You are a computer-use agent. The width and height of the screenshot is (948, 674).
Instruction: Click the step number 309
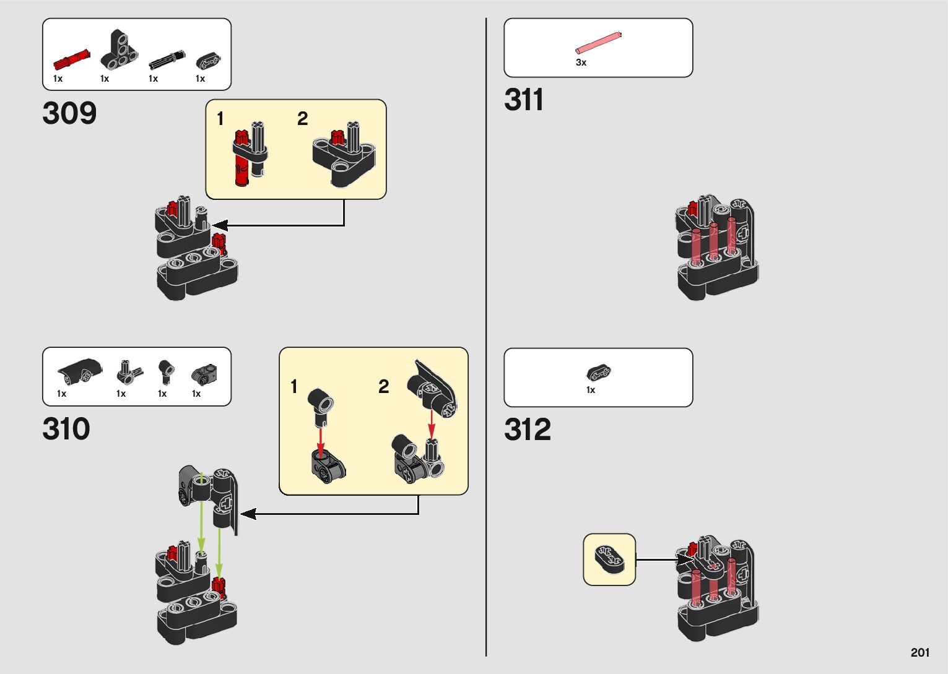69,113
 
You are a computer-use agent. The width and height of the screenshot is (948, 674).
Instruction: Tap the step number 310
66,430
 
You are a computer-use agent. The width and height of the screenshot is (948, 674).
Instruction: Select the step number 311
524,100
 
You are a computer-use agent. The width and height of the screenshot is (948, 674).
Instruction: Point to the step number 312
528,430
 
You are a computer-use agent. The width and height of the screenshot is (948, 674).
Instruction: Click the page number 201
920,652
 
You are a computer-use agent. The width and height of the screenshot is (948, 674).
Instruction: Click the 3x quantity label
581,63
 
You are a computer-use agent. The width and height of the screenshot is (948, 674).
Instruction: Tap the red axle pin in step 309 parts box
71,60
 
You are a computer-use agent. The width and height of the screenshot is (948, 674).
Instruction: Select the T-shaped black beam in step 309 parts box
119,51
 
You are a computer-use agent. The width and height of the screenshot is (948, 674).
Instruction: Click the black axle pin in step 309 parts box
167,61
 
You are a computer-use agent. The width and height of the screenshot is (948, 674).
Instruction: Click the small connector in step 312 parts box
599,373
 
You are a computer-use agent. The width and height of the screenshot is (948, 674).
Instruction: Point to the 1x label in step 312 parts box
591,390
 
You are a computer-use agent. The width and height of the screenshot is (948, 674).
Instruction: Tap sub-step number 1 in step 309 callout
220,118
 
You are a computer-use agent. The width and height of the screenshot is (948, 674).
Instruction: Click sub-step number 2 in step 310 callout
384,387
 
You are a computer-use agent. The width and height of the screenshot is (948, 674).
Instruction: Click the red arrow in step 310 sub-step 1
320,439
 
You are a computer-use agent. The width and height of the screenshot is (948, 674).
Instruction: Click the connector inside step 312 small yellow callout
609,558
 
